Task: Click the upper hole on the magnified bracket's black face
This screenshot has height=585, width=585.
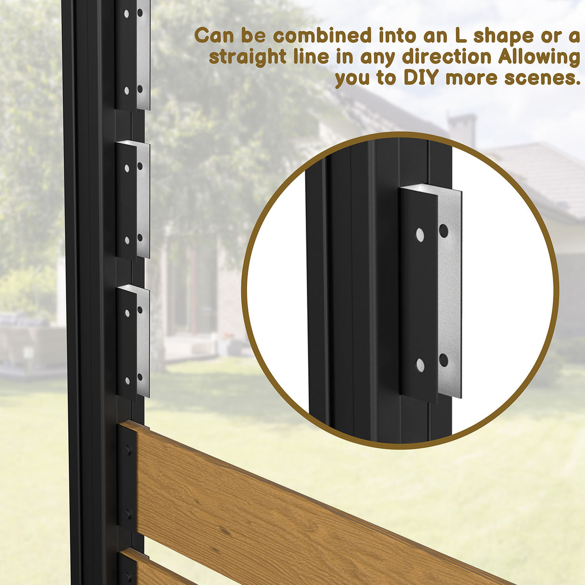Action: tap(420, 235)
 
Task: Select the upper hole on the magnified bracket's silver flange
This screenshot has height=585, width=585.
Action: tap(444, 230)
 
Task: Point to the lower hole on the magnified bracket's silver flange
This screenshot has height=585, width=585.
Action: tap(444, 360)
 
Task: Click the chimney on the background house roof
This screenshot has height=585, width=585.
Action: tap(462, 129)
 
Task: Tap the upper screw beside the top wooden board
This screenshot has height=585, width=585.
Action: tap(128, 451)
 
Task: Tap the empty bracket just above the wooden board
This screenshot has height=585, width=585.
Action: tap(133, 341)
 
